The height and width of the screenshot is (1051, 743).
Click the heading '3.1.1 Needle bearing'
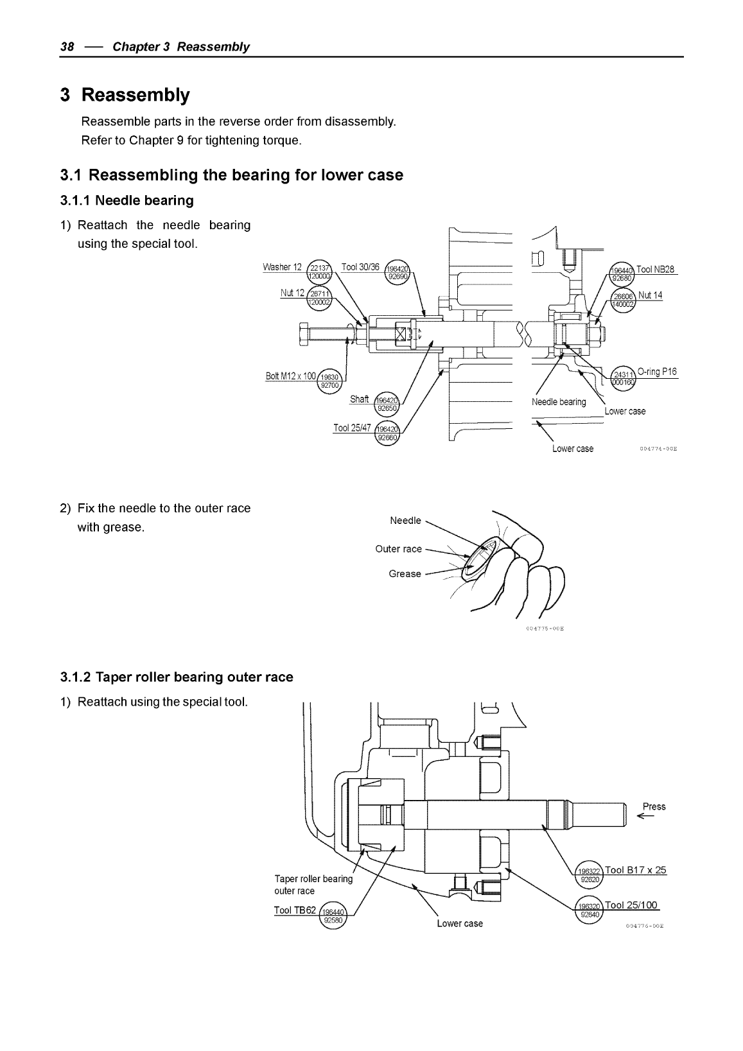(x=127, y=200)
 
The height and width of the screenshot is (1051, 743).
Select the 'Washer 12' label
(x=282, y=267)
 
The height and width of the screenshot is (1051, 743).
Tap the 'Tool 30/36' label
(x=360, y=267)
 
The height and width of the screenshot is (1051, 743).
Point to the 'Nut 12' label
(x=292, y=293)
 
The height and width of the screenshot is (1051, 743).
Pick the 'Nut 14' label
(x=650, y=295)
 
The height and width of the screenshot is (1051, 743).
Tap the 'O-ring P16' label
(x=657, y=372)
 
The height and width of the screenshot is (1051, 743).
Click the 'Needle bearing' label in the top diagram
(x=559, y=402)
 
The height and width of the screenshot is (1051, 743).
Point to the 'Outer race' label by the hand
(x=398, y=549)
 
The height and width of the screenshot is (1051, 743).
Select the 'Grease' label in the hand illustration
(x=405, y=574)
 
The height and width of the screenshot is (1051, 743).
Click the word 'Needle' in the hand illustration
(x=405, y=520)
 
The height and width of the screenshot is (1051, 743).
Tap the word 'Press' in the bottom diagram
(x=654, y=806)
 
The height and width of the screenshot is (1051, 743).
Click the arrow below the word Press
(x=645, y=817)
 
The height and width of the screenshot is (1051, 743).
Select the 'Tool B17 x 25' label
(x=636, y=870)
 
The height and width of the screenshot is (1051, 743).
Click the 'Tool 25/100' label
(x=632, y=905)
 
